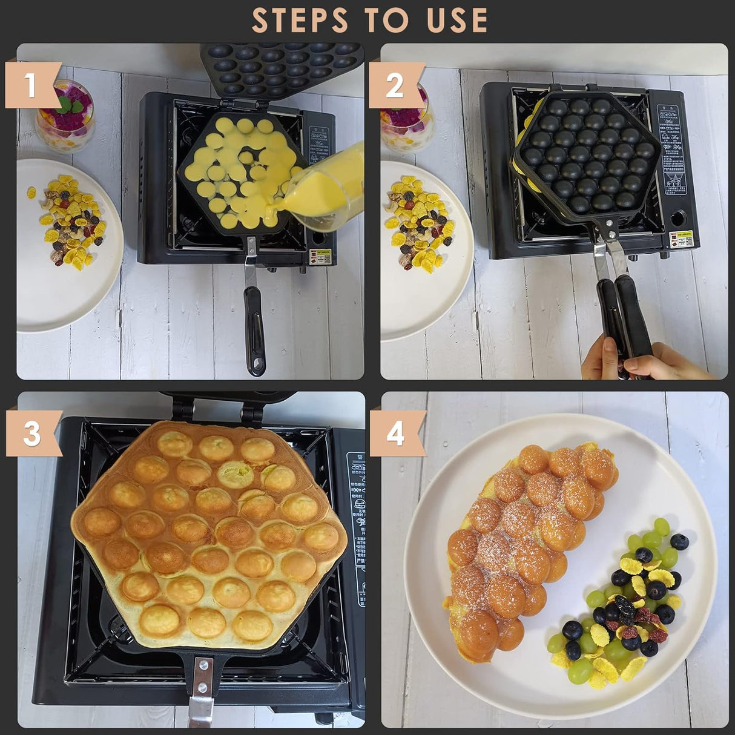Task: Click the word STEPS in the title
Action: click(x=300, y=21)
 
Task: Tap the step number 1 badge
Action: click(x=31, y=85)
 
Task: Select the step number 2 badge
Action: click(x=395, y=85)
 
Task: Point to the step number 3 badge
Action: click(x=32, y=433)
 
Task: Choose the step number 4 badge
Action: click(x=395, y=433)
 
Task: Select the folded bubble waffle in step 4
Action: click(x=527, y=545)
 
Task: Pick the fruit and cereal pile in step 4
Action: click(x=624, y=605)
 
